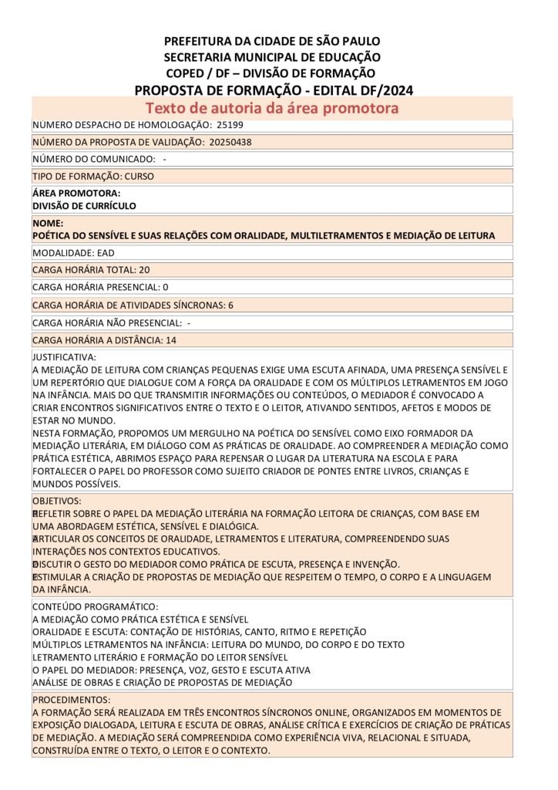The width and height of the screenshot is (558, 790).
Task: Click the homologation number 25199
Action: [230, 124]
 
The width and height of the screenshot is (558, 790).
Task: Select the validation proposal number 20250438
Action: [230, 142]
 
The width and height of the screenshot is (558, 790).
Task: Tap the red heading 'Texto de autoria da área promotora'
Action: [272, 108]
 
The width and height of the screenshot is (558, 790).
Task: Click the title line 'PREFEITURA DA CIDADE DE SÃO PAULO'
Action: [272, 41]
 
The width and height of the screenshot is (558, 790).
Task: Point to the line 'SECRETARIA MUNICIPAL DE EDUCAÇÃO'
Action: [272, 57]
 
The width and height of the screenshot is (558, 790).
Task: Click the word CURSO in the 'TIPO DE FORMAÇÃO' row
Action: [139, 176]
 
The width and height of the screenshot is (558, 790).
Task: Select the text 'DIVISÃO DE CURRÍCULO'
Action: [84, 206]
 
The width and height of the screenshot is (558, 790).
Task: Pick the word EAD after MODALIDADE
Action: [106, 252]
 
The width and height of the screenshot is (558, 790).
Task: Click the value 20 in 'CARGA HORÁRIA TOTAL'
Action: [144, 270]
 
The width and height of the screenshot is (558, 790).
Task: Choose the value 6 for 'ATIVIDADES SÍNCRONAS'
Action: [230, 305]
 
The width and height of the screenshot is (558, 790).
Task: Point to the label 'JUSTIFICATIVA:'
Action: [64, 357]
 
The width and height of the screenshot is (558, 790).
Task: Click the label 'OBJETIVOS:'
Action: [56, 501]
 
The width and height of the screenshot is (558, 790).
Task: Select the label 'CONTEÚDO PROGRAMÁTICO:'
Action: [96, 606]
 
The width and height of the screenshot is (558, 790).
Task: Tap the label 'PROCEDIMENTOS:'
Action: [71, 700]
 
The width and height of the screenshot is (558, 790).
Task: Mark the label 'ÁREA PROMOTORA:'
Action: [76, 193]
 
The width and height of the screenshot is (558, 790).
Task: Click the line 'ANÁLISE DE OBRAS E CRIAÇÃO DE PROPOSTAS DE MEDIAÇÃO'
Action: [162, 683]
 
